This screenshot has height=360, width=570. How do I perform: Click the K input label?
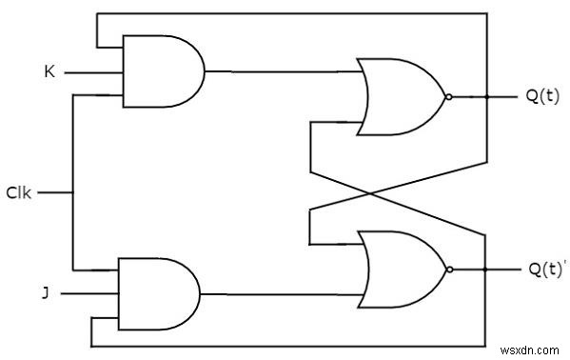point(49,71)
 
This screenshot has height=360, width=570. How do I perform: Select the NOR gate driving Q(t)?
point(400,96)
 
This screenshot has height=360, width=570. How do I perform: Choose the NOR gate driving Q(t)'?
point(400,270)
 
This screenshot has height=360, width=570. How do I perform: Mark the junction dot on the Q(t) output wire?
point(486,96)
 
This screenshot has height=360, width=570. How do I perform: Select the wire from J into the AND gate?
point(90,293)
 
